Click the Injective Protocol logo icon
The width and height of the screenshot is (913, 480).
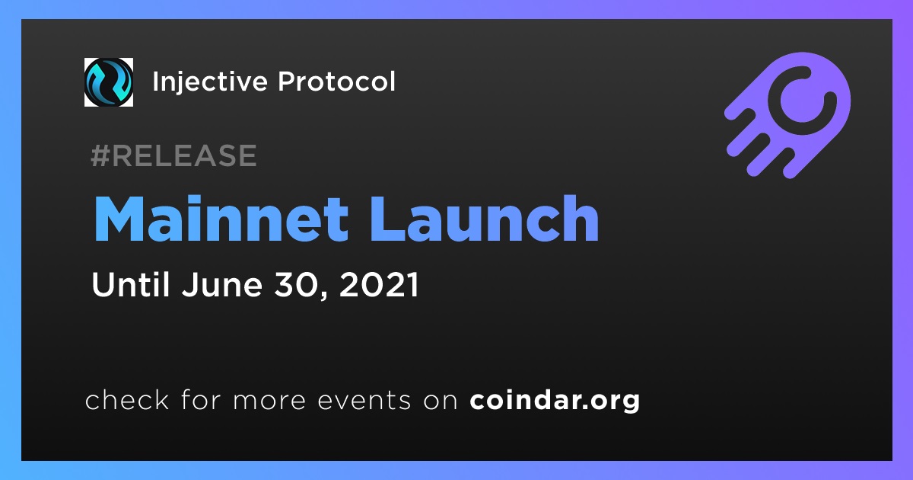click(x=109, y=82)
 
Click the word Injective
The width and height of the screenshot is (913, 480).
click(x=210, y=82)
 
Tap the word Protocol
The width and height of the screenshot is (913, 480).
click(x=336, y=82)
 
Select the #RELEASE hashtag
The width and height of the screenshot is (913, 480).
click(x=173, y=155)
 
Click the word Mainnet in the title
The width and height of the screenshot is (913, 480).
click(x=221, y=219)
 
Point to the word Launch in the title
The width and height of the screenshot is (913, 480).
click(x=484, y=219)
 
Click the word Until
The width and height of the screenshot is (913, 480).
click(x=130, y=284)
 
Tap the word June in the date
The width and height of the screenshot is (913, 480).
click(x=222, y=284)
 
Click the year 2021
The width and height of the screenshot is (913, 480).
click(x=379, y=284)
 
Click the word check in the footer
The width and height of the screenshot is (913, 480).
click(x=127, y=399)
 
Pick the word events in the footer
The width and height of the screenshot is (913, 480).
click(x=364, y=400)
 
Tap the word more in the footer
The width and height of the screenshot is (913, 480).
click(x=269, y=401)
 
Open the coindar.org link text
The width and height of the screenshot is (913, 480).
click(x=555, y=400)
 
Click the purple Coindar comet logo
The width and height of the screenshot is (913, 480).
click(x=787, y=115)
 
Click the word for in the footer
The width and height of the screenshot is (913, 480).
click(x=201, y=399)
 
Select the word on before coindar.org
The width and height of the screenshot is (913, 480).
click(x=441, y=401)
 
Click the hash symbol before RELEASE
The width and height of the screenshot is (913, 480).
click(x=100, y=155)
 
